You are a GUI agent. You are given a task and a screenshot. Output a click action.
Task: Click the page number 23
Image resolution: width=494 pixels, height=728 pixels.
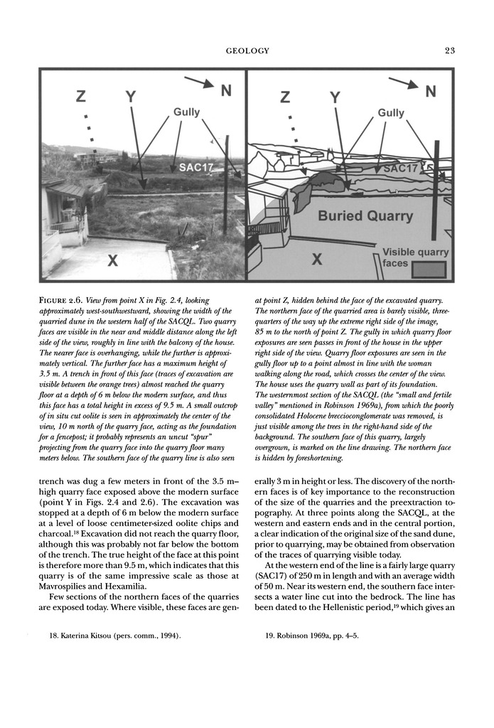click(x=449, y=50)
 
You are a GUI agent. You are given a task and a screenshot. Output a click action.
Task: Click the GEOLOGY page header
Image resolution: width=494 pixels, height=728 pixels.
click(x=247, y=50)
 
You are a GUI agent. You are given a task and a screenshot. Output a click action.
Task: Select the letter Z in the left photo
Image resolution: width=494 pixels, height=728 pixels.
click(x=81, y=97)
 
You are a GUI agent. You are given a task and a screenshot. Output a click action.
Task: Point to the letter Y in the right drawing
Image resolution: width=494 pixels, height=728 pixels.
click(x=335, y=97)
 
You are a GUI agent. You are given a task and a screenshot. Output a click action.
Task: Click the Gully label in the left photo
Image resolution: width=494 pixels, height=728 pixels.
click(x=186, y=112)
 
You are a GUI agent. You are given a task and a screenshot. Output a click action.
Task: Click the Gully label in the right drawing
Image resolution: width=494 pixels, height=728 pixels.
click(x=391, y=113)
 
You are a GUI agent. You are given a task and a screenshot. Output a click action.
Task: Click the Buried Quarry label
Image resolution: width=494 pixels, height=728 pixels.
click(x=357, y=215)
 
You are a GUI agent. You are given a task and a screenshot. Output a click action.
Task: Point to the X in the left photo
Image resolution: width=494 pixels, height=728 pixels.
click(x=112, y=262)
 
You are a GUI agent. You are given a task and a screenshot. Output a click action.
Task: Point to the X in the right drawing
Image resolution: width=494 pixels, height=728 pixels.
click(x=317, y=261)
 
